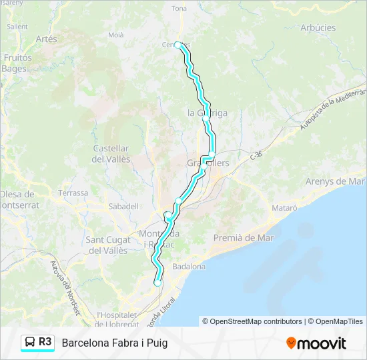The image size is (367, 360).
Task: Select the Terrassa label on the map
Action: click(x=73, y=193)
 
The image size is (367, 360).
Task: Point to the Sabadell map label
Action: click(x=123, y=207)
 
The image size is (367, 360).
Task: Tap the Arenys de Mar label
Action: click(x=335, y=181)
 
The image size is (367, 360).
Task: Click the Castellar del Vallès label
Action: click(x=111, y=153)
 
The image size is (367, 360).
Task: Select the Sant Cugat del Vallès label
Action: click(x=107, y=245)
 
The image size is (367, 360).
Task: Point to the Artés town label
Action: click(x=47, y=39)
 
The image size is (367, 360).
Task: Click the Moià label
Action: click(x=115, y=34)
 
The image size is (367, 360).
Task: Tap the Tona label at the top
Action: click(x=179, y=9)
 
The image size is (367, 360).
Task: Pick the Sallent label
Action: click(x=17, y=27)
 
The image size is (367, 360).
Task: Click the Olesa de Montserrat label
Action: click(x=20, y=200)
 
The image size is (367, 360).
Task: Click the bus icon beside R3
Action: click(x=30, y=343)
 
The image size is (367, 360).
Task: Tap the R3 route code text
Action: click(x=45, y=342)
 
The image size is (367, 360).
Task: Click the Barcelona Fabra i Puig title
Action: click(x=115, y=343)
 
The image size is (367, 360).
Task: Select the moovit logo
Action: click(x=316, y=343)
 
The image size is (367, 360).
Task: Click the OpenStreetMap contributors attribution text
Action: click(x=256, y=321)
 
